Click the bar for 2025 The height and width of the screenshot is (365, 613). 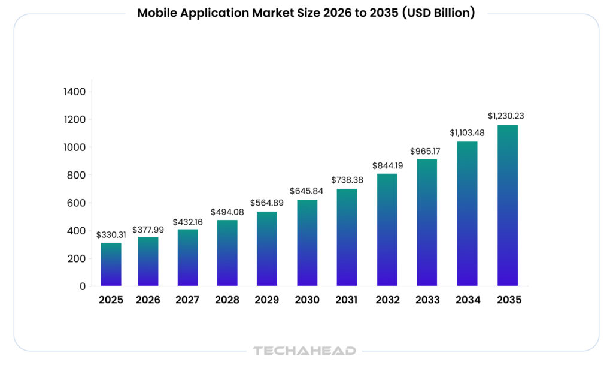pyautogui.click(x=111, y=264)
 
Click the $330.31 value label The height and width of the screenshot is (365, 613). pyautogui.click(x=111, y=235)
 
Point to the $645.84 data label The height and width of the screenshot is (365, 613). pyautogui.click(x=307, y=191)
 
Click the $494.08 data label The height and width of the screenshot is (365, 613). pyautogui.click(x=227, y=212)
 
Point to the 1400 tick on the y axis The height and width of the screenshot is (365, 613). pyautogui.click(x=75, y=92)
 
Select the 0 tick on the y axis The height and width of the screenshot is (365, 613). pyautogui.click(x=82, y=286)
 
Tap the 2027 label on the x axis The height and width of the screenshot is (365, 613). pyautogui.click(x=187, y=300)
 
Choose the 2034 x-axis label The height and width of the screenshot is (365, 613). pyautogui.click(x=468, y=300)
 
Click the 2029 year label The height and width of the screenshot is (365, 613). pyautogui.click(x=267, y=300)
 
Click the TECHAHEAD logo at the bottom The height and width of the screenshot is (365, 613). pyautogui.click(x=305, y=351)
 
